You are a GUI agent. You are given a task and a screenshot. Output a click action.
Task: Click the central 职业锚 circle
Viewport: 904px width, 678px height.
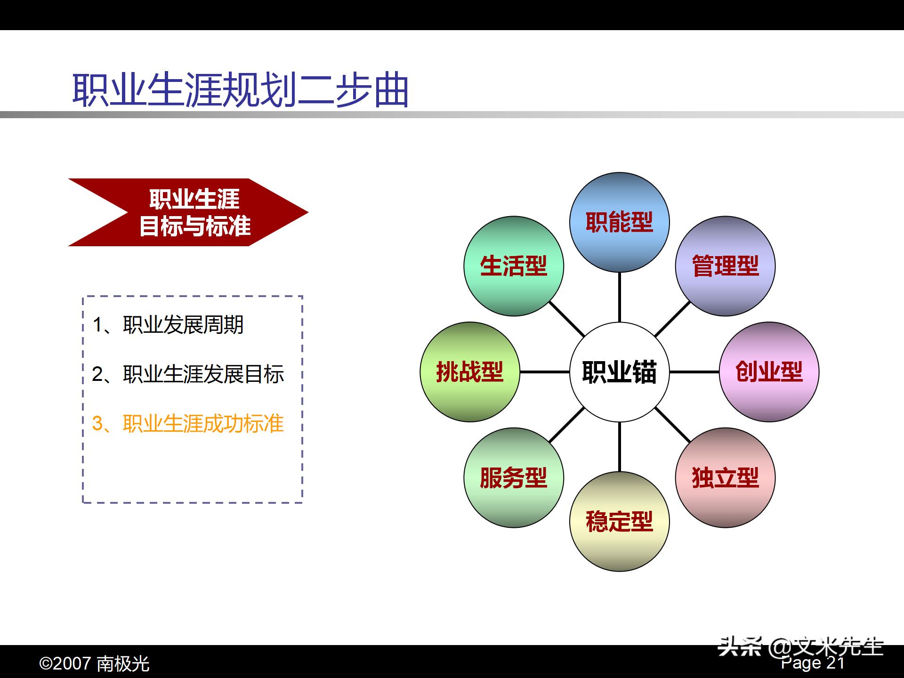click(619, 372)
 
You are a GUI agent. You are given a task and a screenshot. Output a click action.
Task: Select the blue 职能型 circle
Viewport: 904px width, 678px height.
click(619, 222)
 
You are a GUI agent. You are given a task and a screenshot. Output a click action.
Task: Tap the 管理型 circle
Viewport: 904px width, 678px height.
click(725, 266)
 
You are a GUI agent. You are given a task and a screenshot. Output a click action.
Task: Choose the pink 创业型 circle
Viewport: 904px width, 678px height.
click(769, 372)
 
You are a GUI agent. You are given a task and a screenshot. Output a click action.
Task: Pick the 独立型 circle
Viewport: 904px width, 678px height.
click(725, 477)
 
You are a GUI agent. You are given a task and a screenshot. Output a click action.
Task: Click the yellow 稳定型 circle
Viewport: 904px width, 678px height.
click(619, 522)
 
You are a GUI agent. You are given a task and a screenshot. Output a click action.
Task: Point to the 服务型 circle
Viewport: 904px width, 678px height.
click(513, 477)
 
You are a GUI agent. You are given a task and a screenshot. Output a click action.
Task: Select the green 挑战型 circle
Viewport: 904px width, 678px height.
click(469, 372)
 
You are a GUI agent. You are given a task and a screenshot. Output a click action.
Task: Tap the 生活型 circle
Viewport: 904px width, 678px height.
click(513, 266)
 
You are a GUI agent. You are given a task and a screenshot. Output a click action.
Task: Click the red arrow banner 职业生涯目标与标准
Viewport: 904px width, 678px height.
click(194, 212)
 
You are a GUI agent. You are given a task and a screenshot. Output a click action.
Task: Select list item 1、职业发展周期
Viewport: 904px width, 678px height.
click(168, 325)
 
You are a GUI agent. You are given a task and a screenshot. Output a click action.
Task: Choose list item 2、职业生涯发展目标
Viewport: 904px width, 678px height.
click(188, 374)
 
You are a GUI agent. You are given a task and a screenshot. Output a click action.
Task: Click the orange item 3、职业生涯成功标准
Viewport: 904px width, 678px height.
click(188, 424)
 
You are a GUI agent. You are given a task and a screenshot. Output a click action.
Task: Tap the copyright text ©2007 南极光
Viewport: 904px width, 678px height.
click(94, 664)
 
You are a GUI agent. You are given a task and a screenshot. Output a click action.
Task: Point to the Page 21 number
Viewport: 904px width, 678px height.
click(813, 663)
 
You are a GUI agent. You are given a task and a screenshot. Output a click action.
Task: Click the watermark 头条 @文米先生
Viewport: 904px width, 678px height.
click(800, 647)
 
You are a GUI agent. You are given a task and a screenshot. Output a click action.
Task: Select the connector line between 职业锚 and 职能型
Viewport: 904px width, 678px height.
click(619, 298)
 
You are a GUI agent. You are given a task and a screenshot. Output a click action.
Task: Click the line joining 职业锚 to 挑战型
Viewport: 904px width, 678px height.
click(544, 372)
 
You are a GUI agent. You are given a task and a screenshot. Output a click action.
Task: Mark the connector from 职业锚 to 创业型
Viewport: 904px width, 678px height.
click(694, 372)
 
